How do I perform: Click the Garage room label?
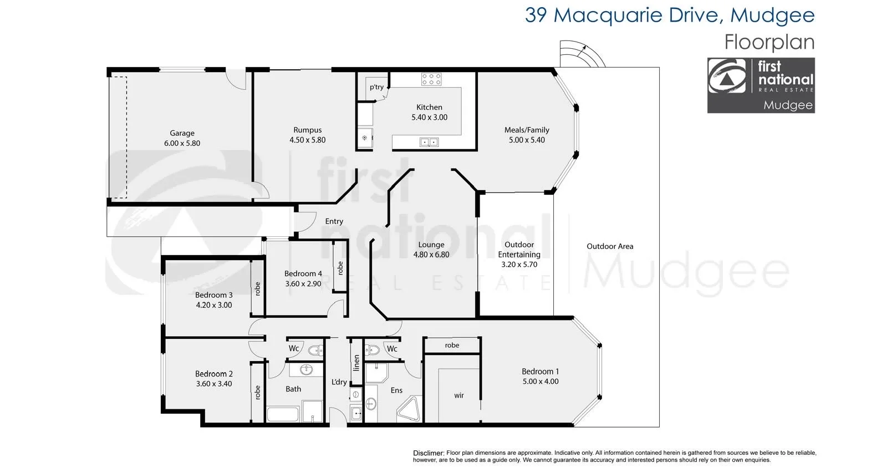click(x=182, y=133)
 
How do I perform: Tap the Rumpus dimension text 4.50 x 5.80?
click(x=307, y=140)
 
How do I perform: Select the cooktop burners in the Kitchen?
click(x=431, y=79)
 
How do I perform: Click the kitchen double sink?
click(x=429, y=143)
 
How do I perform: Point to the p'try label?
click(x=376, y=87)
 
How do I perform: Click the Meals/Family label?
click(x=527, y=130)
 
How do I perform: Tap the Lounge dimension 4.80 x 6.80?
click(x=431, y=255)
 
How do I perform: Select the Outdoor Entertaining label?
click(x=519, y=249)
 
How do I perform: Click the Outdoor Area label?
click(x=610, y=246)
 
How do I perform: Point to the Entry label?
click(x=334, y=221)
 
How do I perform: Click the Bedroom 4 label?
click(x=303, y=273)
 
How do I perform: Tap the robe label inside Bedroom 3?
click(x=257, y=289)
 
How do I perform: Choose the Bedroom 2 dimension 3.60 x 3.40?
click(x=214, y=384)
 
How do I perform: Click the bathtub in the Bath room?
click(x=283, y=414)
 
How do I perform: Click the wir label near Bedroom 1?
click(x=459, y=395)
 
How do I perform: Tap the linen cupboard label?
click(x=356, y=363)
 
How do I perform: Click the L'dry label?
click(x=339, y=382)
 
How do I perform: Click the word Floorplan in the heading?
click(x=769, y=43)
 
